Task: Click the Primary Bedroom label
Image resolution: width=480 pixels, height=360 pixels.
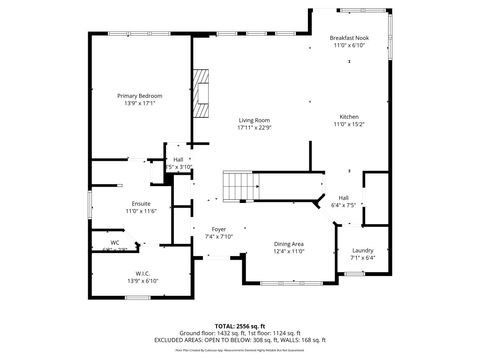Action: [139, 95]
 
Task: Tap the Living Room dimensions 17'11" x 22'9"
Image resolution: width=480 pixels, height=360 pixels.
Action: [254, 128]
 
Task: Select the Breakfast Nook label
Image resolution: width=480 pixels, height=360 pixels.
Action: [349, 38]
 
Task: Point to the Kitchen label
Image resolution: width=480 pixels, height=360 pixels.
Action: [349, 117]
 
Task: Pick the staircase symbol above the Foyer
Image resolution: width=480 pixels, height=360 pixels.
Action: [236, 185]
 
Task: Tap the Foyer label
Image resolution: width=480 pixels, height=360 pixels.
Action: [219, 229]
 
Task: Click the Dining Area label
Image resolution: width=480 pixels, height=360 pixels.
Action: [289, 244]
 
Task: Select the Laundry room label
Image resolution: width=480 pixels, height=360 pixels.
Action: [363, 250]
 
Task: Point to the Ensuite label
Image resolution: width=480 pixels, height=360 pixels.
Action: [113, 204]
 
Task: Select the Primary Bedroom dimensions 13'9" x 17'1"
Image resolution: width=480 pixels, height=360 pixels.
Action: [139, 102]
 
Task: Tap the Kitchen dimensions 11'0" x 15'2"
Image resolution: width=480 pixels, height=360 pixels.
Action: [349, 125]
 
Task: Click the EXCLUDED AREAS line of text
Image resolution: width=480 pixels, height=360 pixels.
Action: [240, 340]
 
